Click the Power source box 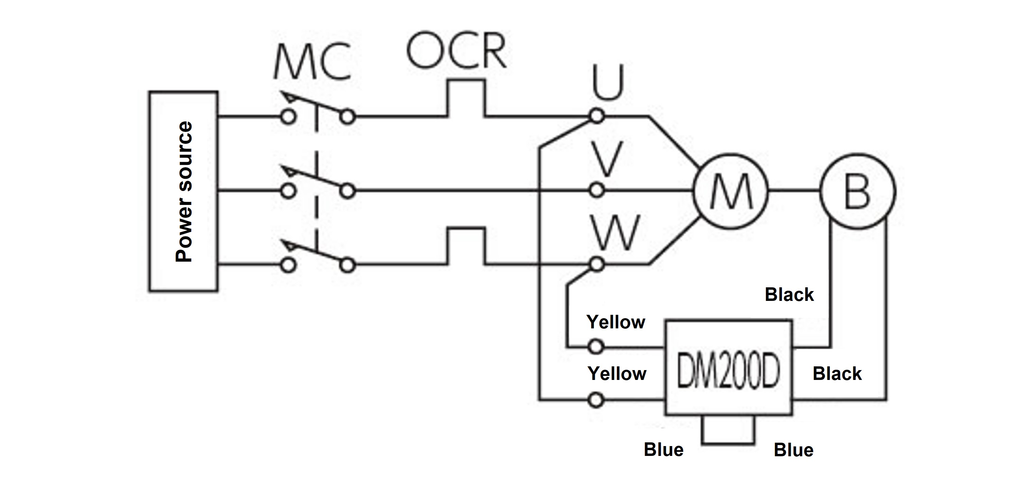(x=183, y=191)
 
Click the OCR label (x=456, y=51)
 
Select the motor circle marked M (x=731, y=191)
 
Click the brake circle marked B (x=858, y=191)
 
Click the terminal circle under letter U (x=597, y=116)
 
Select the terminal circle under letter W (x=597, y=265)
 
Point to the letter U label (x=608, y=83)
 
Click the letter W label (x=616, y=233)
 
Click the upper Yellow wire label (x=616, y=322)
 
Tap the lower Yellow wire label (x=617, y=373)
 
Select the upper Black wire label (x=789, y=294)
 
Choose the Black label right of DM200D (x=837, y=373)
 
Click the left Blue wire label (x=664, y=449)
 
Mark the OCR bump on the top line (x=466, y=98)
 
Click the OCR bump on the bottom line (x=466, y=246)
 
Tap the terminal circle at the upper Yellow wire (x=596, y=346)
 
